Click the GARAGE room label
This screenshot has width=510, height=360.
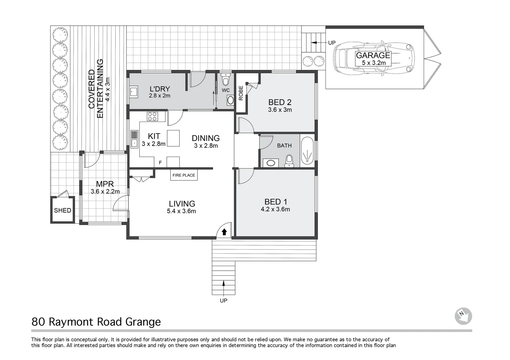coord(373,55)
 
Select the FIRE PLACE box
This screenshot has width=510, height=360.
coord(183,175)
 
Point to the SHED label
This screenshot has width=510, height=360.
coord(62,210)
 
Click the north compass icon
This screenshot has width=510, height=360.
coord(463,316)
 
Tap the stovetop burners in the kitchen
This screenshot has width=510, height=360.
coord(153,116)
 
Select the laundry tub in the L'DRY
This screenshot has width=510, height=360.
coord(134,92)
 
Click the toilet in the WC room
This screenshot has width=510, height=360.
coord(226,80)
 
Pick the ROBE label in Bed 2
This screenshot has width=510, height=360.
coord(241,93)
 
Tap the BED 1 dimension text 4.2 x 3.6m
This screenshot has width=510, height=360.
coord(275,209)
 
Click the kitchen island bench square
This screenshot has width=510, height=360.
coord(173,138)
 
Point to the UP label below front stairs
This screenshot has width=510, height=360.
coord(223,301)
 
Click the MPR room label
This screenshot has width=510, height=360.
coord(105,184)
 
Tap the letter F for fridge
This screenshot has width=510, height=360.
coord(160,163)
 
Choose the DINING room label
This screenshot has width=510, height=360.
coord(205,138)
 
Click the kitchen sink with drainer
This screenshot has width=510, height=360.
coord(134,139)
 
